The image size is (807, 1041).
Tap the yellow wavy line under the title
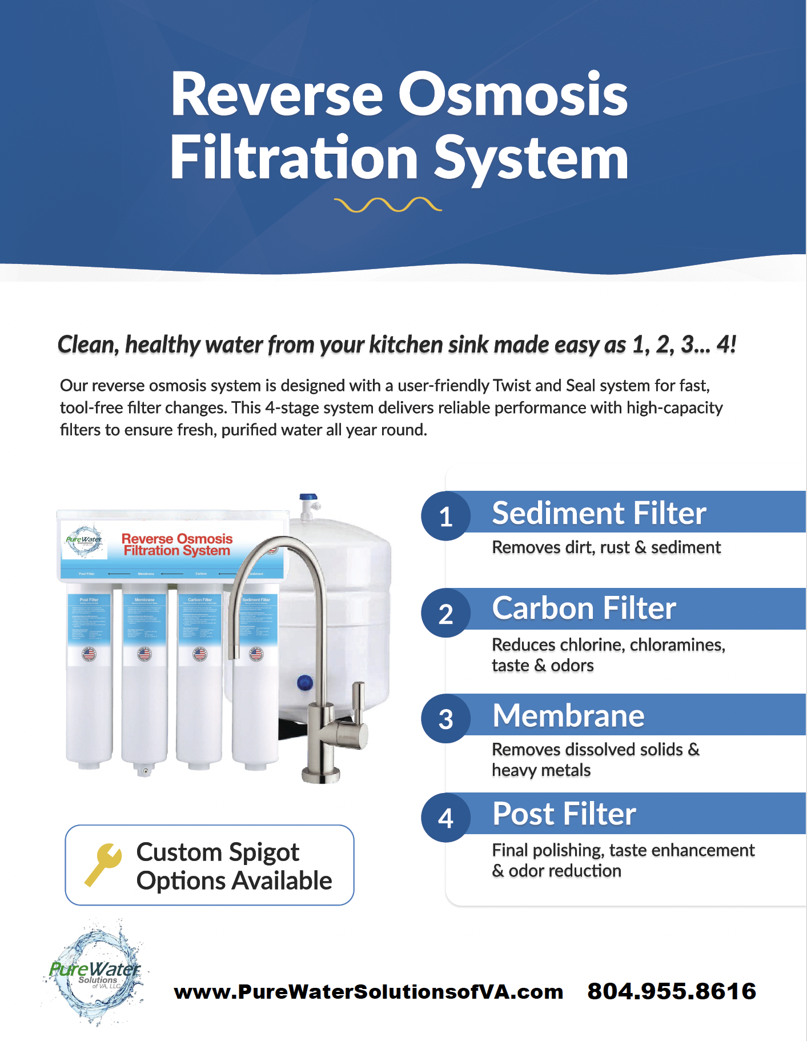(388, 205)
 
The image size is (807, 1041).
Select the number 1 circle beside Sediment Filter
(445, 516)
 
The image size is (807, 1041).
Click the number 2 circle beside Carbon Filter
(445, 614)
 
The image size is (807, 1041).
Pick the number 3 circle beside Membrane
(445, 719)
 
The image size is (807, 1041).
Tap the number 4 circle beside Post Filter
(445, 818)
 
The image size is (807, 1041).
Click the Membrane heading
(568, 715)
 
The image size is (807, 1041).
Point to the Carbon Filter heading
(584, 608)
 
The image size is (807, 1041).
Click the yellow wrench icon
(103, 864)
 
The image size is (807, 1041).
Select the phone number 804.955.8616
(672, 991)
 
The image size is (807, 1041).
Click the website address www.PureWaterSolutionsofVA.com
(368, 992)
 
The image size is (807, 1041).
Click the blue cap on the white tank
(305, 682)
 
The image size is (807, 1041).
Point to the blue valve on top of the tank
(308, 499)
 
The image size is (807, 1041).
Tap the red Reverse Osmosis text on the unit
(177, 539)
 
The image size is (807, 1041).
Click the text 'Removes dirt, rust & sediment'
(606, 547)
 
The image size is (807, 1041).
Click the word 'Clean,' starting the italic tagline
(88, 345)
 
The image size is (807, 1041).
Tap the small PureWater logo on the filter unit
(84, 540)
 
